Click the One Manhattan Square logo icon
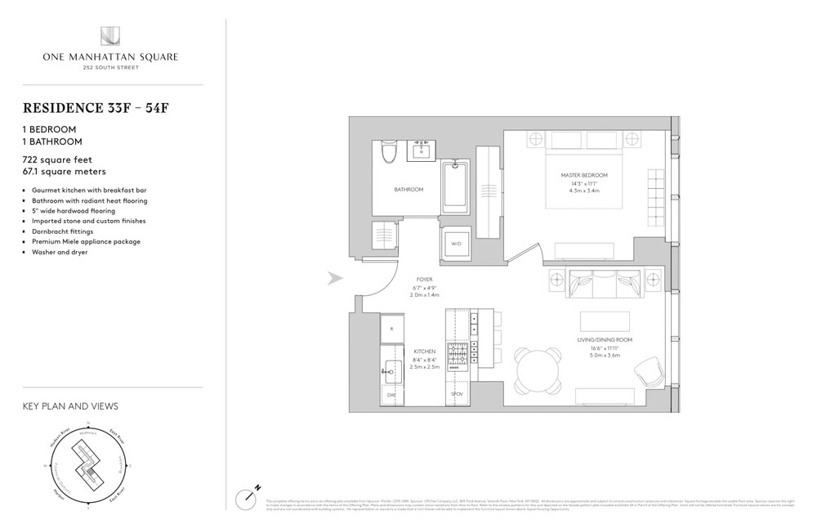click(110, 37)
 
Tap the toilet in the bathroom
click(389, 152)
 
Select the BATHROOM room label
click(408, 190)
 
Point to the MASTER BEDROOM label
click(583, 176)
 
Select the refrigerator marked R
click(392, 329)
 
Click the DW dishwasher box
click(391, 395)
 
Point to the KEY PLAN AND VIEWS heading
click(69, 406)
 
